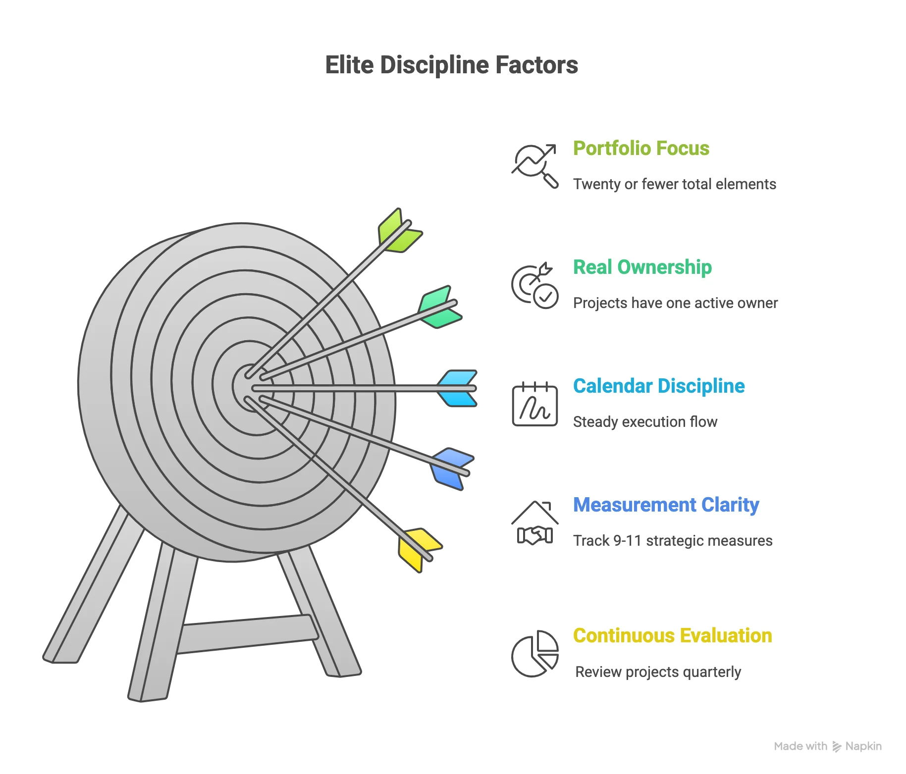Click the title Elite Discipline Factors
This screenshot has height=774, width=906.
pos(451,65)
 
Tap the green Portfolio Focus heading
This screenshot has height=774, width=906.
pos(641,148)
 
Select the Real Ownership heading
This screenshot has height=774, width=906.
pos(642,267)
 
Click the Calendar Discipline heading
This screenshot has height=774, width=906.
pos(658,386)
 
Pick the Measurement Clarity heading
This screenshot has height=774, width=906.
pos(666,505)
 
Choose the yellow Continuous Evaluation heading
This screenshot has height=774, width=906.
pos(672,635)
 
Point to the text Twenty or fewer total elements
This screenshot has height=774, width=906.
pos(674,184)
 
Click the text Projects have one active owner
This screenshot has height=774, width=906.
pos(675,303)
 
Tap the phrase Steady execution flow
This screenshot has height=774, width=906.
pos(645,422)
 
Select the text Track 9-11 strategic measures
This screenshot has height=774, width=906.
pos(673,541)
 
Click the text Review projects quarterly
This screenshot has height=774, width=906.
pos(658,672)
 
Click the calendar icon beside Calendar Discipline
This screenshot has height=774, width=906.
pos(534,404)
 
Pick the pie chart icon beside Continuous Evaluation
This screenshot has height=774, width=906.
pos(534,654)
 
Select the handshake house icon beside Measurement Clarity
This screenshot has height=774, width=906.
pos(534,523)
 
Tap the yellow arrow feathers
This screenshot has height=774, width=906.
pos(418,548)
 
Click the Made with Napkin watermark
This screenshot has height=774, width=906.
pos(827,746)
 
